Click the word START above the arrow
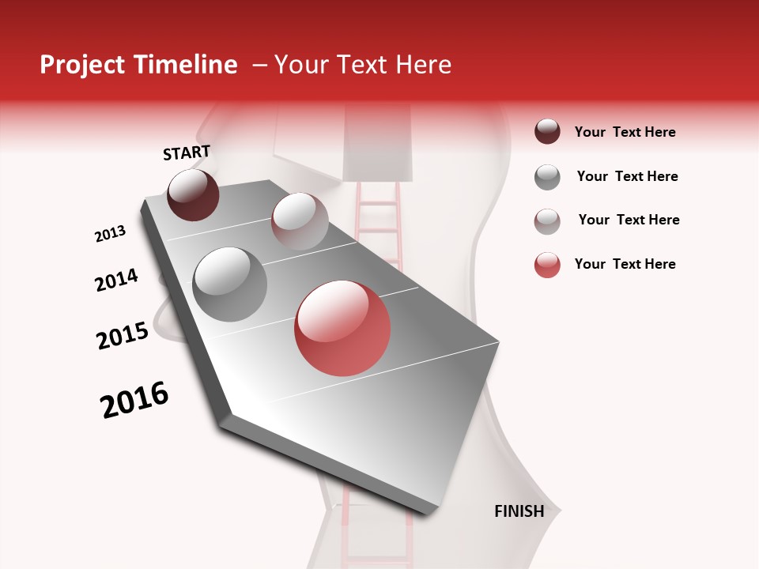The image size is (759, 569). [187, 153]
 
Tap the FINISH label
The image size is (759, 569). [519, 511]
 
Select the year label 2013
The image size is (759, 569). [110, 234]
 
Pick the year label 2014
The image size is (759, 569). [116, 280]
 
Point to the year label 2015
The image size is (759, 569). [123, 336]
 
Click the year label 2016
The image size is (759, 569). [134, 400]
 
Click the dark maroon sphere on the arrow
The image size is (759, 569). [193, 195]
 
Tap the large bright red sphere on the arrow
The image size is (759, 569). [342, 328]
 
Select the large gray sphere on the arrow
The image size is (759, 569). [229, 284]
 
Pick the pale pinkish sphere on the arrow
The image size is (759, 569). [300, 221]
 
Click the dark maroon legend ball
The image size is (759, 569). [547, 132]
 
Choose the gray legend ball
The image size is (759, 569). [547, 177]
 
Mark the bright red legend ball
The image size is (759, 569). [547, 265]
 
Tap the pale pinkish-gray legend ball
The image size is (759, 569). [547, 221]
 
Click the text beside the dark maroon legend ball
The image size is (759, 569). [625, 133]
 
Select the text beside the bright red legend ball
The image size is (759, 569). [625, 264]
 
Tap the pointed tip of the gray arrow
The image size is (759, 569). [427, 514]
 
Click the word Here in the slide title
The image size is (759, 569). [423, 65]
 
